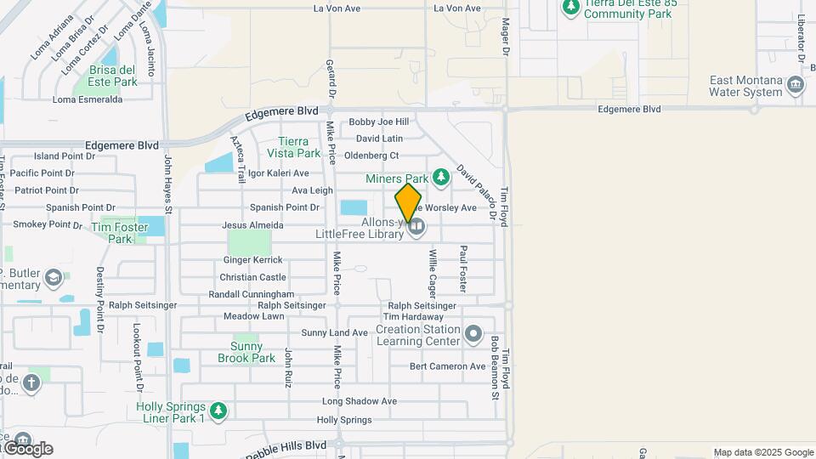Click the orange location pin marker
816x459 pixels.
408,203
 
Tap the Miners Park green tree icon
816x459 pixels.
440,178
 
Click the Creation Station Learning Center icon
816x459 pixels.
473,331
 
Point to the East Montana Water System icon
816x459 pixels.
796,84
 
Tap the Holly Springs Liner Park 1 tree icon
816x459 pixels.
218,411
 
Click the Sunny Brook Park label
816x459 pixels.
253,352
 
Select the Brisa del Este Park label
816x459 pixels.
113,76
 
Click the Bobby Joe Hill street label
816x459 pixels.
378,122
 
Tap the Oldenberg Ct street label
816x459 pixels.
371,156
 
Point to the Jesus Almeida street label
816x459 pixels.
252,225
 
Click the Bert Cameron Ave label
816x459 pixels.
447,366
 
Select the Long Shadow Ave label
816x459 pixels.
360,401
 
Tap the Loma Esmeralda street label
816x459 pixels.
88,99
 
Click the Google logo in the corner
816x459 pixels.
28,448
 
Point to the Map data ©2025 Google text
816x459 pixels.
763,452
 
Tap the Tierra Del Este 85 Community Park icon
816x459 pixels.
570,7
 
